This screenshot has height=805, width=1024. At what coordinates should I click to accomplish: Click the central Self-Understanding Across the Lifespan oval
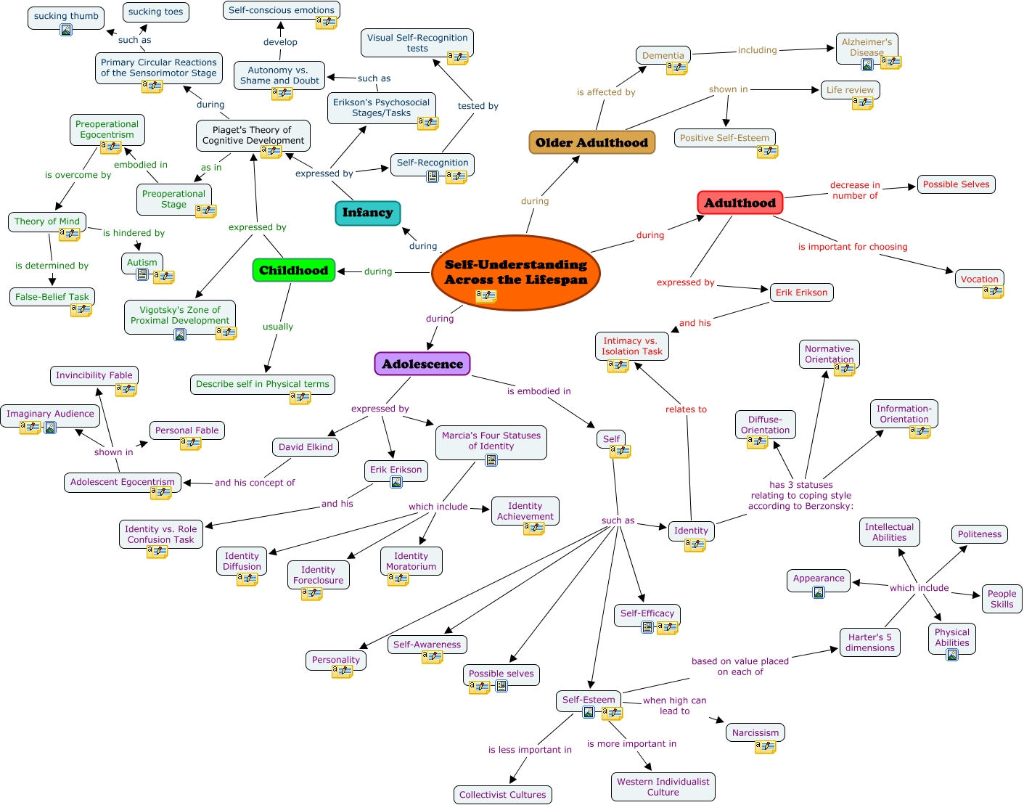[515, 272]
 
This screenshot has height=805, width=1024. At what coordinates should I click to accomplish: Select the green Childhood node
[294, 270]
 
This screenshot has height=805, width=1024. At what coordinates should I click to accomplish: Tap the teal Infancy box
[367, 213]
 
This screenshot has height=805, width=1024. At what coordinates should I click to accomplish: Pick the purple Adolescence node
[422, 364]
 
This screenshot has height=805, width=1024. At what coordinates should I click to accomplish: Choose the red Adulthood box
[740, 203]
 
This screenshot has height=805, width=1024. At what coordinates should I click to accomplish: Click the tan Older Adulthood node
[592, 142]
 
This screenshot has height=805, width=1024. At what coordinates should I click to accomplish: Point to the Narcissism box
[755, 732]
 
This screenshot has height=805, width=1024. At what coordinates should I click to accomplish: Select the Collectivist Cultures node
[502, 795]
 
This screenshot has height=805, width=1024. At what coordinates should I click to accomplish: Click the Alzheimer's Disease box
[867, 48]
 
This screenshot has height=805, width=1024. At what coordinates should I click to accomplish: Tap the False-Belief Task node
[52, 297]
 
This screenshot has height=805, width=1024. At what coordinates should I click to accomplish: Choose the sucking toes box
[155, 12]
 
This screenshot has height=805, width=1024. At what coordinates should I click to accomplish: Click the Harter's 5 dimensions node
[870, 642]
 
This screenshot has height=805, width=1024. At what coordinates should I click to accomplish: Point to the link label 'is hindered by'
[134, 233]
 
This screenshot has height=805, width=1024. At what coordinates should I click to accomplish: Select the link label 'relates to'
[686, 409]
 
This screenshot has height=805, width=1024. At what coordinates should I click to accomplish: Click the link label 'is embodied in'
[538, 391]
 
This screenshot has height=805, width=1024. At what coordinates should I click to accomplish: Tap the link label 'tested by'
[478, 106]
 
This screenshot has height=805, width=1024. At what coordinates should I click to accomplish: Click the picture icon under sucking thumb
[66, 30]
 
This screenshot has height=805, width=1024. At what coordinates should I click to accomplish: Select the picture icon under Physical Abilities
[952, 655]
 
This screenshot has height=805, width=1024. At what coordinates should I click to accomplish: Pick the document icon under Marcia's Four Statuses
[491, 460]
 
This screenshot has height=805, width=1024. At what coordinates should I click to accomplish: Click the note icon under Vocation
[993, 292]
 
